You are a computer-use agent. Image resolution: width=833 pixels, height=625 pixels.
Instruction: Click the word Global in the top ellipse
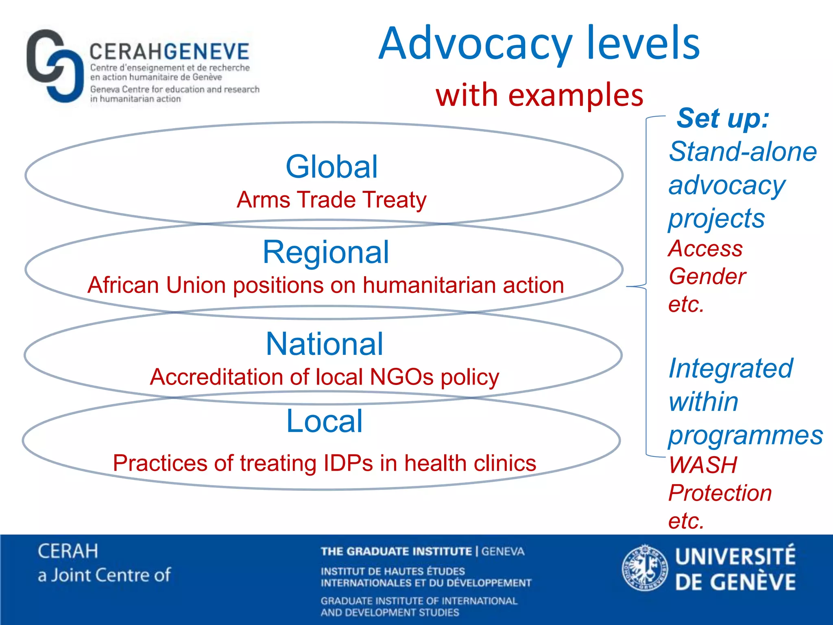coord(331,167)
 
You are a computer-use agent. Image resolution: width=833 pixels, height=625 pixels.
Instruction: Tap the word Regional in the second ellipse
coord(326,252)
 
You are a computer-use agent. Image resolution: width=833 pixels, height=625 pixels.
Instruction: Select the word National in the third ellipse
coord(324,344)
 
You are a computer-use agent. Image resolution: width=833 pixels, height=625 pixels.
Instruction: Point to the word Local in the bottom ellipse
coord(324,421)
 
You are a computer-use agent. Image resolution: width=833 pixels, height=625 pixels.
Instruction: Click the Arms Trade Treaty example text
coord(331,200)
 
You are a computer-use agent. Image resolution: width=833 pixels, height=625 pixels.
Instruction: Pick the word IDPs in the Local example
coord(348,463)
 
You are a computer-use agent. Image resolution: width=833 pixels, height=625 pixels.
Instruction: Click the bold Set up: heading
coord(723,118)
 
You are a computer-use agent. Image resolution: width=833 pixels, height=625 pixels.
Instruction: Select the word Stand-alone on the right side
coord(743,152)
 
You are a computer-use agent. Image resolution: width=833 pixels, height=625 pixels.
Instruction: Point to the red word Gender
coord(707,277)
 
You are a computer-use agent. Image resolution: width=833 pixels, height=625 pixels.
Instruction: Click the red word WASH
coord(703,465)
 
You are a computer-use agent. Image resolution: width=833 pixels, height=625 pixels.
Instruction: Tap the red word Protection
coord(720,493)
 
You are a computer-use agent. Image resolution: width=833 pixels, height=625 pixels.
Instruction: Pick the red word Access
coord(706,248)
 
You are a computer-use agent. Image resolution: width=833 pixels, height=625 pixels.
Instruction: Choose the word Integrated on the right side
coord(731,368)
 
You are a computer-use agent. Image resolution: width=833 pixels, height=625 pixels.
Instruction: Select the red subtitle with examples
coord(539,95)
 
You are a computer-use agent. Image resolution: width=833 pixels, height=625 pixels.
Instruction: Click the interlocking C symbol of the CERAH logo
coord(54,66)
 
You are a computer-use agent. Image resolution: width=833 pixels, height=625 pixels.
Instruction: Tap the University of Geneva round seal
coord(645,568)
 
